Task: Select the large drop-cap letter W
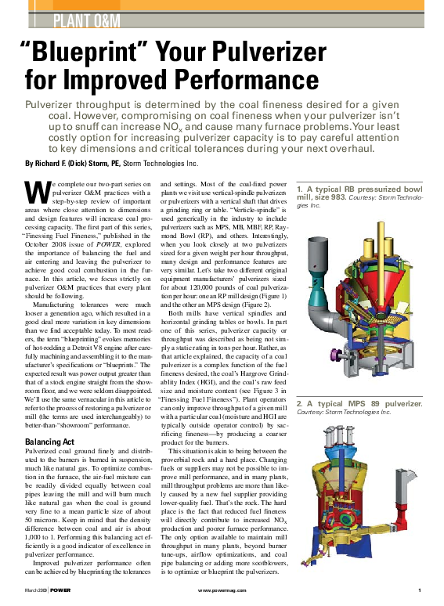click(35, 193)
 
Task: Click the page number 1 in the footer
click(421, 589)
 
